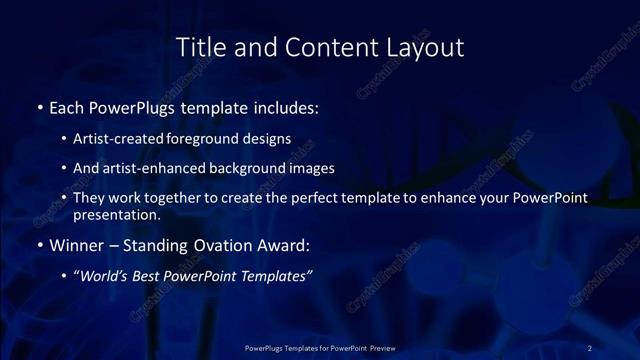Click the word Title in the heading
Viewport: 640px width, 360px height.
200,47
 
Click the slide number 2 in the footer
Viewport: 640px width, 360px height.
590,347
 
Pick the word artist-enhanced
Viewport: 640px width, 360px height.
149,168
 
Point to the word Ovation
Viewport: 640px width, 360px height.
217,245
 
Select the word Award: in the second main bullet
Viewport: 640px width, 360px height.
284,245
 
